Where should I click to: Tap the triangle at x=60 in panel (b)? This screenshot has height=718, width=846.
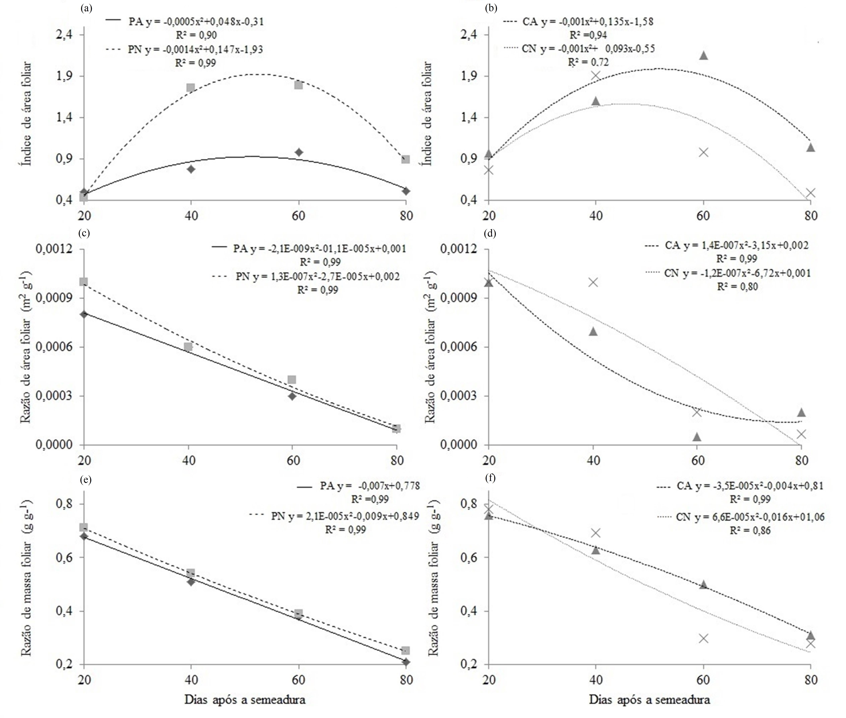pos(703,55)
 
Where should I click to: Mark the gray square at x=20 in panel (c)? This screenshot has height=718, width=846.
pos(84,282)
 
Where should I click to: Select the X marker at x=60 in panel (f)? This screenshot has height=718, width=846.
pos(703,638)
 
